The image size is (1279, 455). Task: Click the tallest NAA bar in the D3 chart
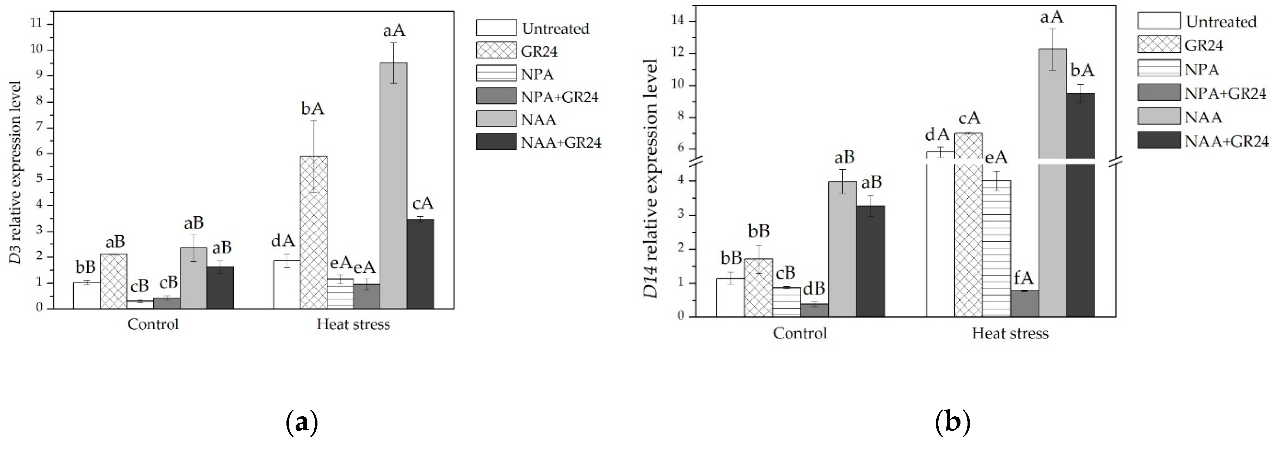pos(393,186)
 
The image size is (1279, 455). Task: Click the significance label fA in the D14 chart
pos(1024,280)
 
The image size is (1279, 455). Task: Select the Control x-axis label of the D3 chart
pos(153,324)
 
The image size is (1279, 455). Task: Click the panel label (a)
pos(302,423)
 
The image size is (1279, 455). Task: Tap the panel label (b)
pos(952,423)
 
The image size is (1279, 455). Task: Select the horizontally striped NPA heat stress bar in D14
pos(997,248)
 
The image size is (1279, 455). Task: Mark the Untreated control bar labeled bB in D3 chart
pos(86,296)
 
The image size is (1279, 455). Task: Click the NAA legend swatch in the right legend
pos(1159,117)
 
